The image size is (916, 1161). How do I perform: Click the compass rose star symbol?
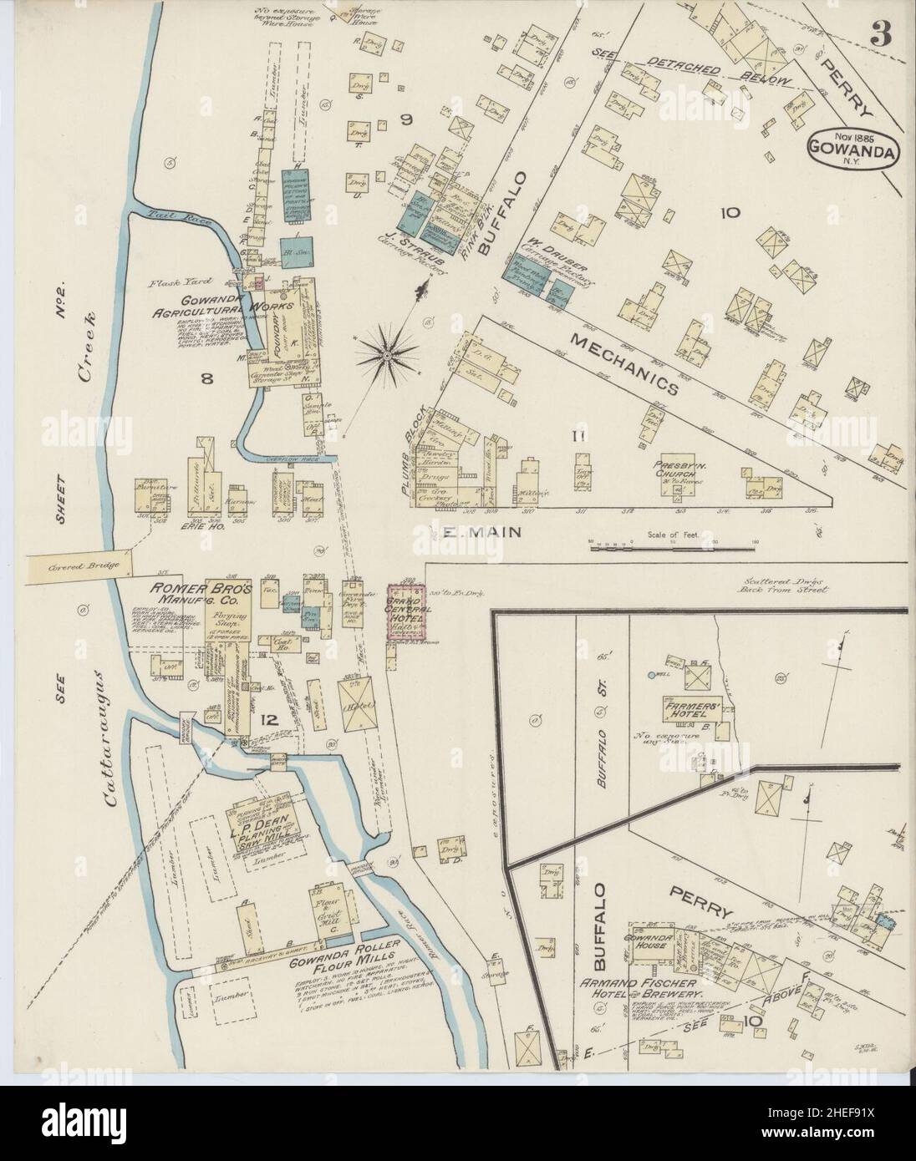tap(388, 354)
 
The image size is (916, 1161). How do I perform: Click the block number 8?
tap(206, 378)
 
